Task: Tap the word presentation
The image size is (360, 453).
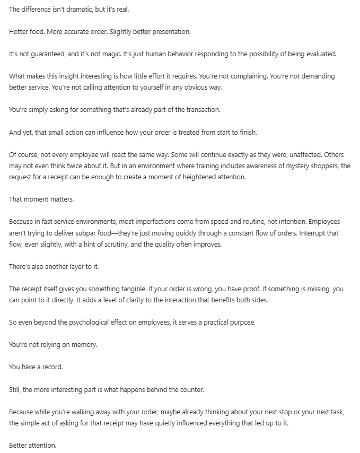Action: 170,32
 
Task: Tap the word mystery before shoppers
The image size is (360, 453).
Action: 300,165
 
